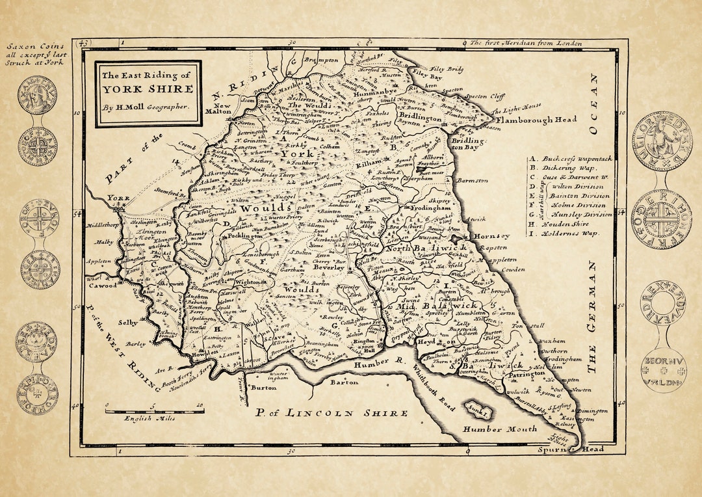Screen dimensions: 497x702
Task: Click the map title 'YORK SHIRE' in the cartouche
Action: (148, 89)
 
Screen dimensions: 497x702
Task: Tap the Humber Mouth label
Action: (500, 429)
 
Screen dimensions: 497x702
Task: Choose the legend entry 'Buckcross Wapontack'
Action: (571, 158)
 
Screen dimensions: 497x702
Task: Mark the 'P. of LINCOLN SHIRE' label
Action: (331, 412)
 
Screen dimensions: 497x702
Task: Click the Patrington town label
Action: (526, 374)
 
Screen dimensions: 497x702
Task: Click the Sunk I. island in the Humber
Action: (480, 408)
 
